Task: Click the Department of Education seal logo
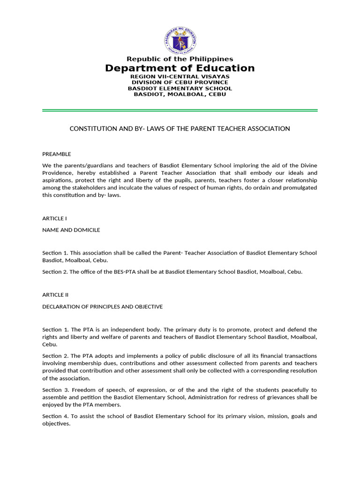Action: click(x=180, y=40)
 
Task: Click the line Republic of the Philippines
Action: click(x=180, y=59)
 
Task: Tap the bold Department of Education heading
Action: click(x=180, y=68)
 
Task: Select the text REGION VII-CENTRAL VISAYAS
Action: click(x=180, y=76)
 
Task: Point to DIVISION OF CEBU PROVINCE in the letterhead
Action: click(x=180, y=82)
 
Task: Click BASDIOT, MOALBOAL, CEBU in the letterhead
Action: click(x=180, y=94)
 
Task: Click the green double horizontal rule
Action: click(x=180, y=111)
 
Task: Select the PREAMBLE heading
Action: click(x=57, y=154)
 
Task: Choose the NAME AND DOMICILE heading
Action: click(x=71, y=230)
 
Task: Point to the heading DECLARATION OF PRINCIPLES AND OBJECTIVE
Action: click(x=103, y=307)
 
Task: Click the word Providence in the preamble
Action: click(x=58, y=172)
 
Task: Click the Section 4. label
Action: click(x=55, y=416)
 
